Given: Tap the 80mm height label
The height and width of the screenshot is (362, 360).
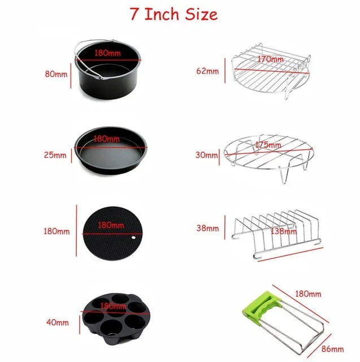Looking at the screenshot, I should pyautogui.click(x=57, y=73).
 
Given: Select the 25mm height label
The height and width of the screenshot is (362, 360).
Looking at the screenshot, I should pyautogui.click(x=56, y=154).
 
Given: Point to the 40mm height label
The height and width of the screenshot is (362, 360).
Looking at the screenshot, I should pyautogui.click(x=57, y=323).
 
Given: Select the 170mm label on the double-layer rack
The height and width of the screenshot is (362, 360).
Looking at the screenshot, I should pyautogui.click(x=270, y=59).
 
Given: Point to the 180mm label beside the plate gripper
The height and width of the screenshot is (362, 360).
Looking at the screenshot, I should pyautogui.click(x=308, y=294).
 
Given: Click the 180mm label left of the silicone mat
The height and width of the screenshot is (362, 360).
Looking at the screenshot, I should pyautogui.click(x=57, y=231).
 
